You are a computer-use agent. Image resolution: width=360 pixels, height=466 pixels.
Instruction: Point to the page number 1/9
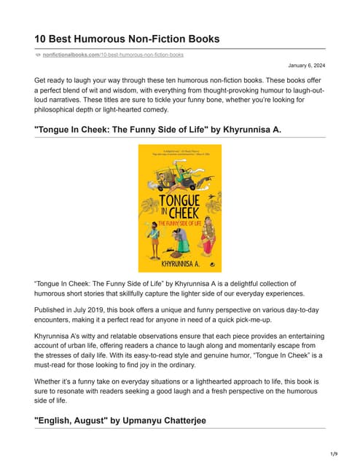click(x=334, y=454)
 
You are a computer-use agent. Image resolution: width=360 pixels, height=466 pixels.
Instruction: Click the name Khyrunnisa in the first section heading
click(x=246, y=130)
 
